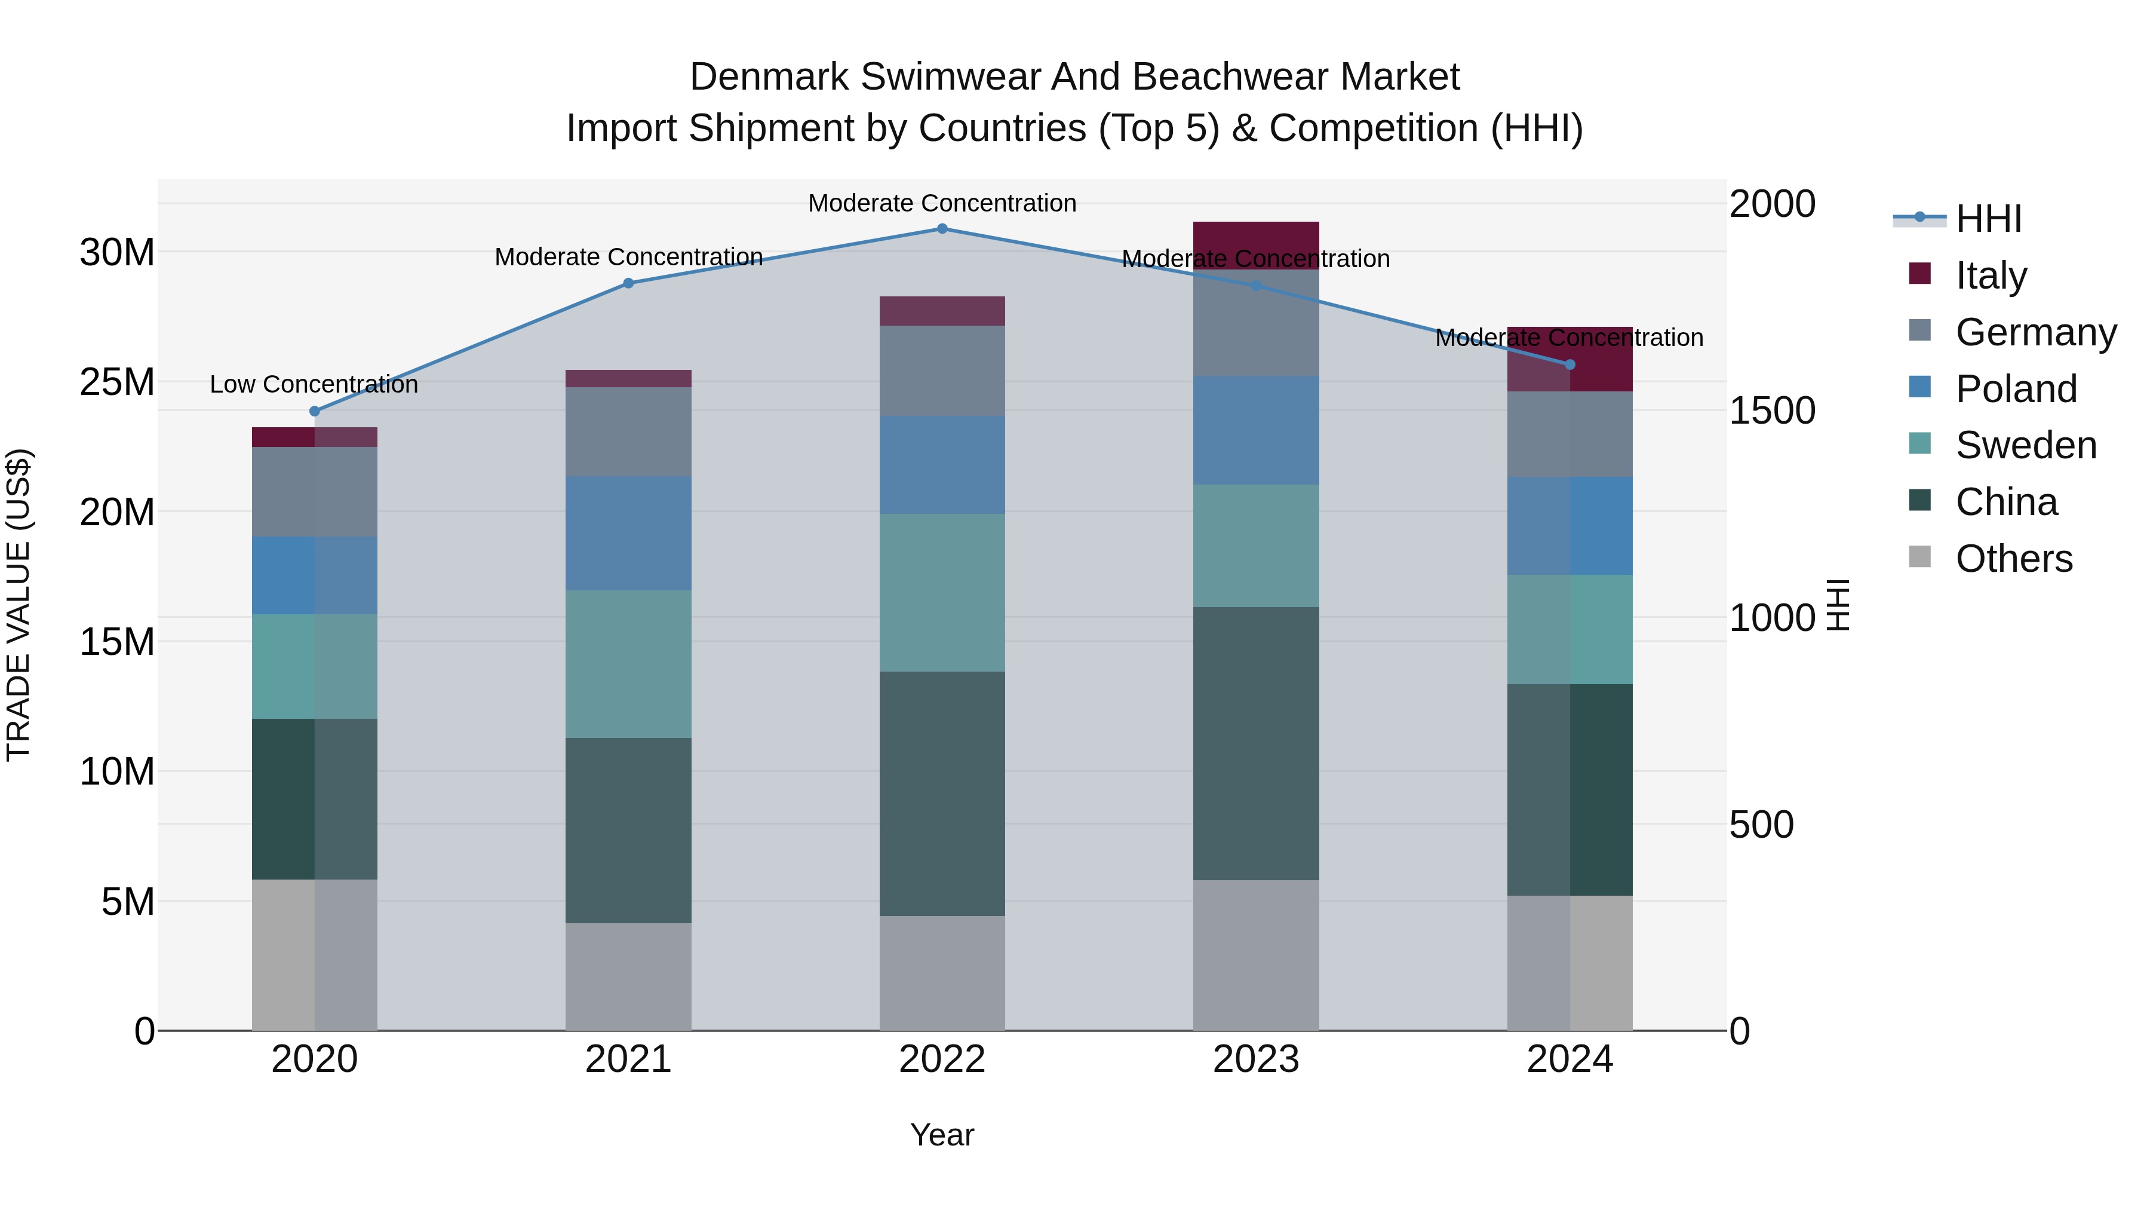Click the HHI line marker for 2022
942,229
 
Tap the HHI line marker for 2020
315,412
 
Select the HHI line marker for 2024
1570,365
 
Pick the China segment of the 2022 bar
942,794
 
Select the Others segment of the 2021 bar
628,976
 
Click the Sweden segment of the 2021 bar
628,664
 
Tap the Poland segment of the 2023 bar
1256,430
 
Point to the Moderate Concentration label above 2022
942,204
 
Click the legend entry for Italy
1991,275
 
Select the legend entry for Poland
2016,389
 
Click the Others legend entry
2013,559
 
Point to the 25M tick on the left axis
117,382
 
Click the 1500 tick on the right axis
1771,411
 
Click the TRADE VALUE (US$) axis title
19,605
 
